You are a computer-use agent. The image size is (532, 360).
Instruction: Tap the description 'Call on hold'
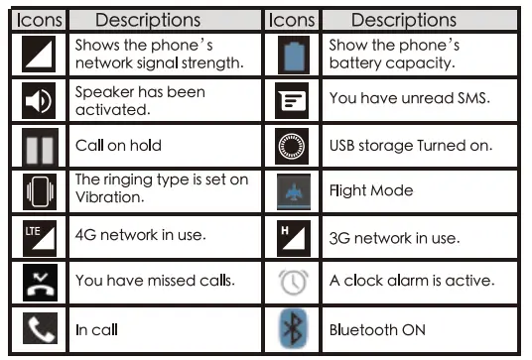118,146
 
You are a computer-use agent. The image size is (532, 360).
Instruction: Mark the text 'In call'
95,330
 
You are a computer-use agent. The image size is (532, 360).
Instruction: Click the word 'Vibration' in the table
108,197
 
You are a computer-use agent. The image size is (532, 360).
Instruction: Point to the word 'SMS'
471,99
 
